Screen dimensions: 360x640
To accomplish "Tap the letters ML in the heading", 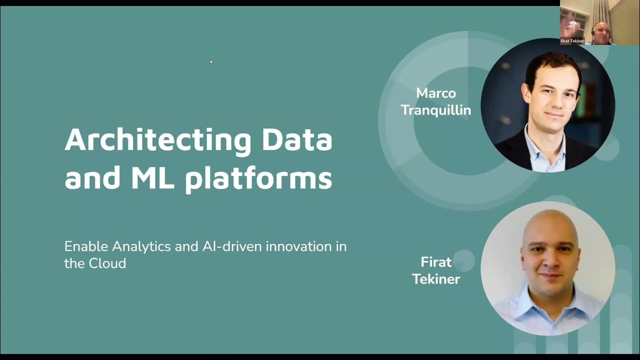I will click(x=152, y=178).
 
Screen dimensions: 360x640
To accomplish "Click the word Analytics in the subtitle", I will click(x=142, y=247).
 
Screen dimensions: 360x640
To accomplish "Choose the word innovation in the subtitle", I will click(x=306, y=246).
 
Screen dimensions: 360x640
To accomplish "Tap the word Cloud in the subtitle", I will click(x=107, y=263).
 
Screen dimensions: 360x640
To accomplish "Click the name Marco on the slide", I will click(x=436, y=93).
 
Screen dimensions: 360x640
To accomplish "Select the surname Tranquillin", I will click(x=436, y=110).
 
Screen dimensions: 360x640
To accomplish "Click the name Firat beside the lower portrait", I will click(x=436, y=262).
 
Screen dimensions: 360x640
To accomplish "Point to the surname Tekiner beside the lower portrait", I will click(x=436, y=279).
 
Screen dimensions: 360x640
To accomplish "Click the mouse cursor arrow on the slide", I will click(x=211, y=61).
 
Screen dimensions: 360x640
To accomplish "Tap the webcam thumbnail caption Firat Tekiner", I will click(x=572, y=41).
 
